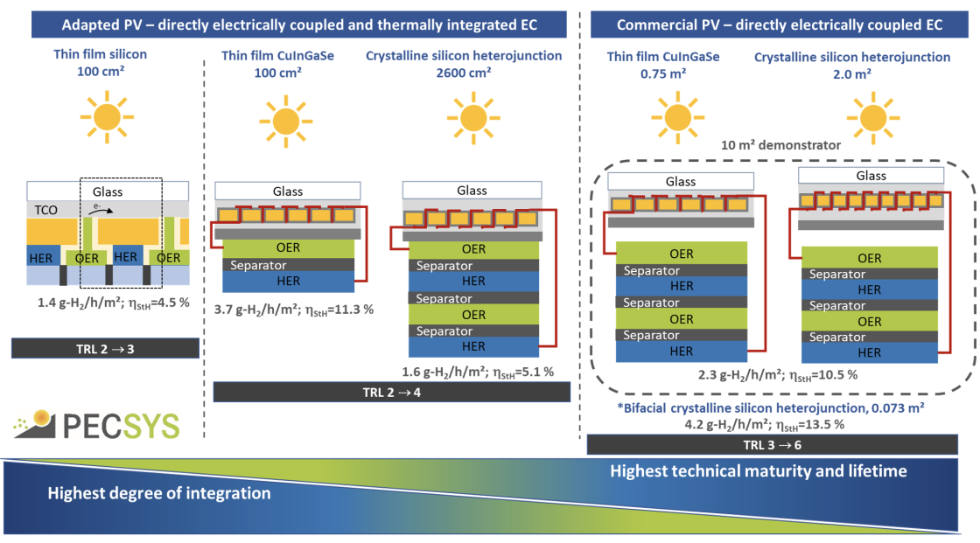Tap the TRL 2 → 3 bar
[x=105, y=348]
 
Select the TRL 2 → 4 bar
[x=386, y=393]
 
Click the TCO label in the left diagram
[x=45, y=211]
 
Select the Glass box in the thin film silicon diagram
[x=108, y=191]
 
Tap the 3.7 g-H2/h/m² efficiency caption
[x=294, y=310]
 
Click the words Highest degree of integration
[x=158, y=493]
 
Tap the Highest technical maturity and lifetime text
[x=759, y=471]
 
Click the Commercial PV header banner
[x=780, y=24]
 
